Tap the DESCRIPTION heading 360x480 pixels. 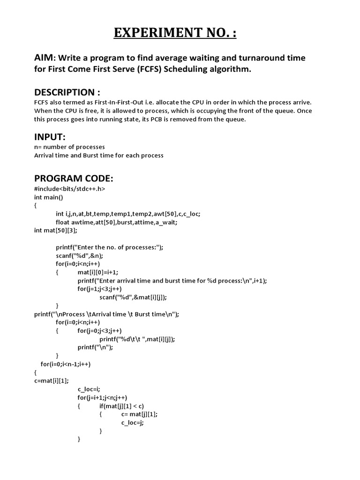(67, 92)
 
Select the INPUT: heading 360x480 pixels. (50, 136)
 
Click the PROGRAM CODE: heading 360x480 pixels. (74, 179)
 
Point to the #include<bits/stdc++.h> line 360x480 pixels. (70, 189)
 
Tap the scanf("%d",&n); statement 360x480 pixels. (79, 255)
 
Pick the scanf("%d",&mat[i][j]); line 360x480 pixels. (133, 297)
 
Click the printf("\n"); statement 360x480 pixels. (96, 347)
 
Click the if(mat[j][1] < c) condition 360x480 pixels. (125, 406)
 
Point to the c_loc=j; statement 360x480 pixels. (132, 422)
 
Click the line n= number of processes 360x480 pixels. (69, 147)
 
